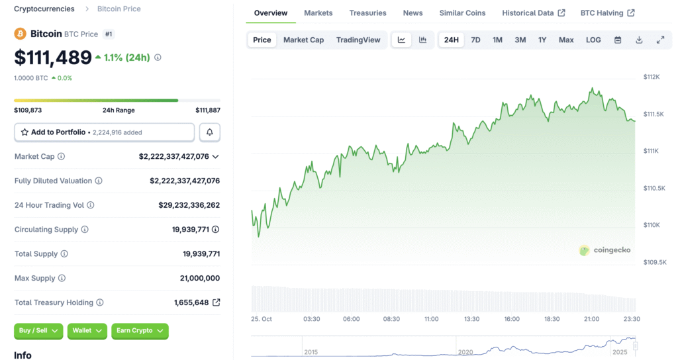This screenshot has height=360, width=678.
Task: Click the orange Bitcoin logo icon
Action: coord(21,34)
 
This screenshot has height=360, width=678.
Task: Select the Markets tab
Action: coord(318,13)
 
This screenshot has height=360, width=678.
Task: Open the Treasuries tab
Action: coord(367,13)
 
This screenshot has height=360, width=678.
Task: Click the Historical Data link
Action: coord(533,13)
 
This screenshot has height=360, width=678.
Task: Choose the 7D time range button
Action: coord(475,40)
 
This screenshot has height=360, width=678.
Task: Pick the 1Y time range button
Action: coord(542,40)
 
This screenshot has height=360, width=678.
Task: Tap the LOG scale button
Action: coord(593,40)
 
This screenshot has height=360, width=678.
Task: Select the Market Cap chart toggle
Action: coord(303,40)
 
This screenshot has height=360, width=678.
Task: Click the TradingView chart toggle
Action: coord(358,40)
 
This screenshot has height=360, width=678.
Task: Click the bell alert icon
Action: coord(210,132)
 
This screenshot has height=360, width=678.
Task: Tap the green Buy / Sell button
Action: coord(38,331)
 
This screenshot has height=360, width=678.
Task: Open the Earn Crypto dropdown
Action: coord(140,331)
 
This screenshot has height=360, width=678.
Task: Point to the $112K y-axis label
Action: coord(652,77)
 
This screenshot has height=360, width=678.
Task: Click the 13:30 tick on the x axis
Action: coord(471,319)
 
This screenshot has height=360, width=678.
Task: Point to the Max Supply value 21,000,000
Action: coord(199,278)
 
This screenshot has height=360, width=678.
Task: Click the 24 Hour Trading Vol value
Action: coord(189,205)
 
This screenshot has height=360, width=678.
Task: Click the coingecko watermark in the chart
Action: coord(605,250)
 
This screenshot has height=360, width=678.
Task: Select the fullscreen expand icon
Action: coord(660,40)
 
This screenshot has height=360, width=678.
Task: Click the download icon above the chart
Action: coord(639,40)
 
